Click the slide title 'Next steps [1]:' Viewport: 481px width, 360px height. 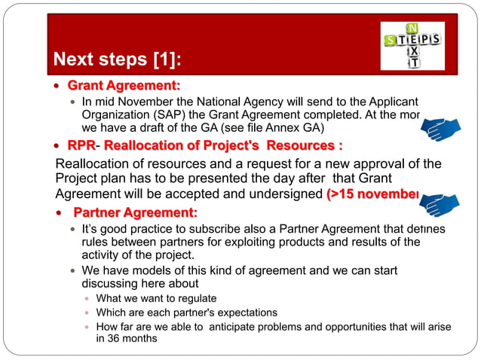point(118,59)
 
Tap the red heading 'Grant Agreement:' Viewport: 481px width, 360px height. point(124,84)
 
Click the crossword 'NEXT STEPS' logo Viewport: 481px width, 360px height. point(412,45)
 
